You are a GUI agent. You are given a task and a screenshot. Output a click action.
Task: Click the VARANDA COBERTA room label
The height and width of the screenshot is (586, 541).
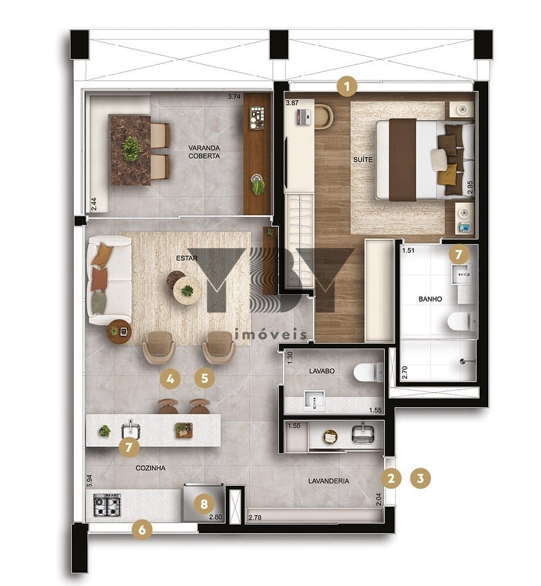tap(204, 152)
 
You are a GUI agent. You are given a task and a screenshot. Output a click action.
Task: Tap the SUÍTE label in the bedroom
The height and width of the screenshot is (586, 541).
tap(362, 159)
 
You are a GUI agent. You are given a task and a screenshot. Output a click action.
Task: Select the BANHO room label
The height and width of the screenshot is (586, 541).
tap(430, 299)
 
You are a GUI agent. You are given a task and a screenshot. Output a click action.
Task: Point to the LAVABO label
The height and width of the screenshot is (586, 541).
tap(322, 371)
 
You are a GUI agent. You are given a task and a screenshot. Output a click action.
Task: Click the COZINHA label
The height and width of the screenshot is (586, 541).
tap(150, 468)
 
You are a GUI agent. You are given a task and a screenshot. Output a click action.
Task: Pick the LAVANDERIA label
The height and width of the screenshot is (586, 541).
tap(328, 481)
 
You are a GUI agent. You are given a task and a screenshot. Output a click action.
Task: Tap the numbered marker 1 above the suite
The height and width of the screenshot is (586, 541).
tap(347, 87)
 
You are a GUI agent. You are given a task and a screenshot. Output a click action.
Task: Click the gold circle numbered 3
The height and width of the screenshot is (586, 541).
tap(420, 478)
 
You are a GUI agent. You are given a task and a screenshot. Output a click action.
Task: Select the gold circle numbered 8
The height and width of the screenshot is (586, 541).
tap(204, 504)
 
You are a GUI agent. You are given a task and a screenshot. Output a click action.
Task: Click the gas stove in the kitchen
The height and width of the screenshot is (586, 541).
tap(107, 505)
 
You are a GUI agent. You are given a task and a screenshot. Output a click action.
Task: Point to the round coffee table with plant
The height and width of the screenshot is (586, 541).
tap(187, 289)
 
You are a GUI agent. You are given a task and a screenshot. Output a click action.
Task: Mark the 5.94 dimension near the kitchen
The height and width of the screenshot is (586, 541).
tap(89, 481)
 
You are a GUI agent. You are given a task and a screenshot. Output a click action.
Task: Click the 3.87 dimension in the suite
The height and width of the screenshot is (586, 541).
tap(292, 103)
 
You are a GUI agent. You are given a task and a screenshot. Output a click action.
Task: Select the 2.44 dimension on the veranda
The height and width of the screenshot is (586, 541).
tap(94, 204)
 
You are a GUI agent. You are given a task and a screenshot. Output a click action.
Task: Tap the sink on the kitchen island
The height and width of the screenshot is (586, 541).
tap(131, 430)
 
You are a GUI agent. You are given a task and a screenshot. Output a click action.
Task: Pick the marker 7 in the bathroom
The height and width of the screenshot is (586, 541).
tap(458, 254)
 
